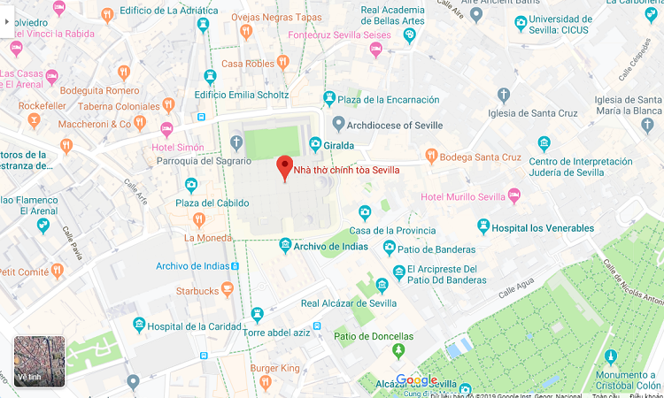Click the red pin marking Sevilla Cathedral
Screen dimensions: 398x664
click(284, 167)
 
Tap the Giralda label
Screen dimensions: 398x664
click(338, 144)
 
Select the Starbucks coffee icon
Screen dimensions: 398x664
click(228, 289)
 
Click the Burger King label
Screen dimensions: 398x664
click(275, 367)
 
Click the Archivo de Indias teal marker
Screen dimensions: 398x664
click(285, 245)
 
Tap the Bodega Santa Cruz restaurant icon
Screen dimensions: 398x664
click(431, 157)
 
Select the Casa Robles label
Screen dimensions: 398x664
click(247, 63)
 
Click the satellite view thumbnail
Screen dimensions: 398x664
click(39, 361)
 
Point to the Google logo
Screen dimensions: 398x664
click(416, 380)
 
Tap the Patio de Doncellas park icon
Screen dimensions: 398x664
click(398, 352)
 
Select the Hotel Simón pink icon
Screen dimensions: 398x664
click(166, 130)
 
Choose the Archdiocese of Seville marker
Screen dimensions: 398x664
click(337, 124)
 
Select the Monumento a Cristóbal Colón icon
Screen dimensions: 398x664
click(610, 356)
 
